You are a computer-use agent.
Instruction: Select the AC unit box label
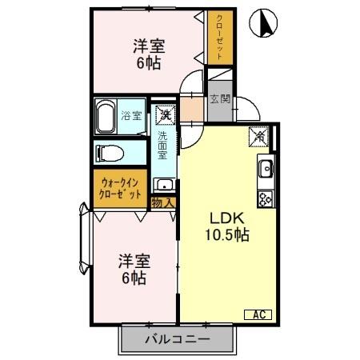261,314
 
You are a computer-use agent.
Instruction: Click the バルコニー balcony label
177,339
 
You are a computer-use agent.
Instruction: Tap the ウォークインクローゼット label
121,188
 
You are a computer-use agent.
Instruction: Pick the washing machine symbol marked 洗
164,114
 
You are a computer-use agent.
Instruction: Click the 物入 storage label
162,202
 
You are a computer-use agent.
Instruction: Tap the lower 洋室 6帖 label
133,269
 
